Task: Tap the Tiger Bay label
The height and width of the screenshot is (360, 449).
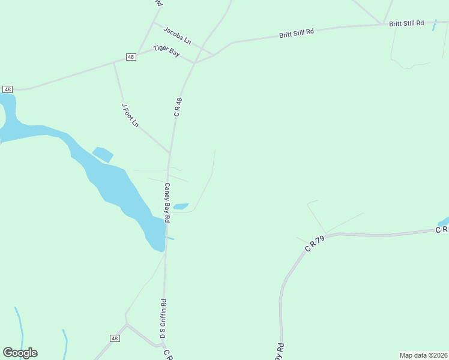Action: [166, 52]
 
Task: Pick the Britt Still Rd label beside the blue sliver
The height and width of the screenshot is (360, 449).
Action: [406, 23]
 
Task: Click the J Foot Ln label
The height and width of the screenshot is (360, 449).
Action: [130, 115]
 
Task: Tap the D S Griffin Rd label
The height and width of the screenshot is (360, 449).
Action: [163, 319]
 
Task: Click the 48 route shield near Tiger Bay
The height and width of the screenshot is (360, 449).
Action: [131, 56]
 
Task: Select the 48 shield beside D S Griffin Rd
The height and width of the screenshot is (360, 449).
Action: [115, 338]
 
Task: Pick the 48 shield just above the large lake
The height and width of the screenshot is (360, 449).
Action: [7, 89]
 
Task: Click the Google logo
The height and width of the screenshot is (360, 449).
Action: [20, 353]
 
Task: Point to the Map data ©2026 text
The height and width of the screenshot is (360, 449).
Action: [423, 355]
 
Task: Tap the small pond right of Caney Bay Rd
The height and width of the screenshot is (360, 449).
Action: [181, 206]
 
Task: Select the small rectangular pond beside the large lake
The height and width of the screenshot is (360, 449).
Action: [103, 154]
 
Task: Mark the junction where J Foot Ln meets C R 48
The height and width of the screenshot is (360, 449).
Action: [170, 152]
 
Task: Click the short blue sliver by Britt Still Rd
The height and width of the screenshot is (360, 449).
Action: [434, 25]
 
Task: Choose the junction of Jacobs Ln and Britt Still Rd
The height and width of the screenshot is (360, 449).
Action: [214, 55]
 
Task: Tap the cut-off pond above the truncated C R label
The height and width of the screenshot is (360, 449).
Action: [444, 221]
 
